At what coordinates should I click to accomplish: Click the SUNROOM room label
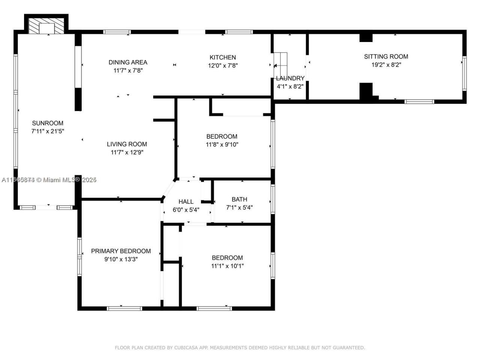click(48, 123)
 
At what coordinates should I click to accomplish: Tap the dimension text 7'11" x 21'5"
click(48, 131)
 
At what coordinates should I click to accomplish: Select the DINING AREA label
click(128, 62)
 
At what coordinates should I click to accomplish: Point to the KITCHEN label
click(223, 57)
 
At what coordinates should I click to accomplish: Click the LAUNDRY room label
click(290, 78)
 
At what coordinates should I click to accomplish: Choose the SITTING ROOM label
click(386, 57)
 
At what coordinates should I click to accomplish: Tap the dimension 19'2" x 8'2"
click(386, 65)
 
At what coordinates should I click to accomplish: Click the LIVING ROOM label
click(127, 144)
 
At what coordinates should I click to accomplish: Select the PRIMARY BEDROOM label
click(121, 251)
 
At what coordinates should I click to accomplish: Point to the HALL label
click(186, 202)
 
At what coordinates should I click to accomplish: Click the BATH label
click(239, 199)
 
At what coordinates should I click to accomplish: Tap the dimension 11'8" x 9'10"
click(222, 145)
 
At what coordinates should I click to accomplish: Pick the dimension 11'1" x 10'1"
click(227, 266)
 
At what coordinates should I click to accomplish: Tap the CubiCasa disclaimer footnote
click(240, 348)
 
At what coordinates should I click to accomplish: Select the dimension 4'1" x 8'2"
click(290, 87)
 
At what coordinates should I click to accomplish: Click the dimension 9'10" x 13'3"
click(121, 259)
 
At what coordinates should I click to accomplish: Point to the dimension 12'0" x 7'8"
click(223, 66)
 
